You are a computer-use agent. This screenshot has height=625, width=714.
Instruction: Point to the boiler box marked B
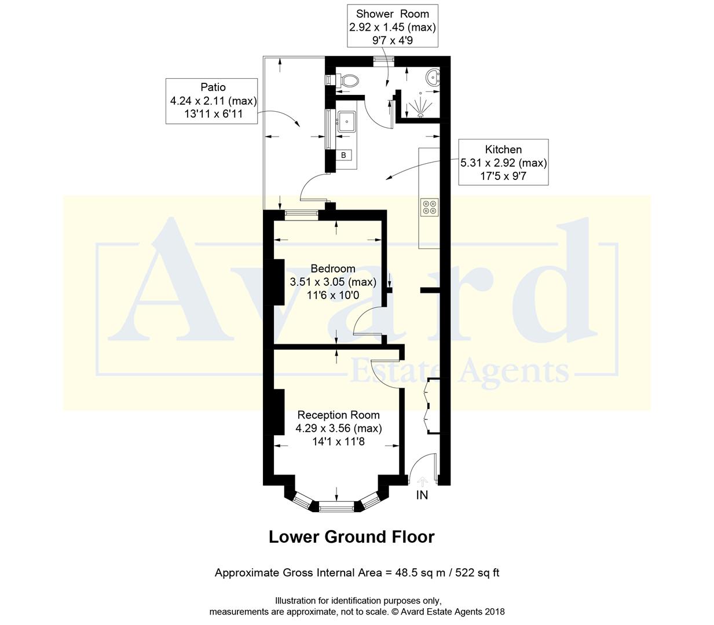[x=343, y=155]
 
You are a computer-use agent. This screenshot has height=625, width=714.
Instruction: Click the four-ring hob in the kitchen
[x=429, y=207]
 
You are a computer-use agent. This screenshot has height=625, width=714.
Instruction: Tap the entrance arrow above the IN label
[x=422, y=480]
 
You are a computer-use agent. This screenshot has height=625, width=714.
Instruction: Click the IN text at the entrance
[x=422, y=495]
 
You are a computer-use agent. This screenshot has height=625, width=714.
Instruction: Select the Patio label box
[x=213, y=101]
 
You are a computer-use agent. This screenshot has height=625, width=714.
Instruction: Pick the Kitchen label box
[x=503, y=163]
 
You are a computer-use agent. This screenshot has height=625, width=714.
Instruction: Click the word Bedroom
[x=333, y=269]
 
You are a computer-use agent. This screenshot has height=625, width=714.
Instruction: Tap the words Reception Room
[x=338, y=415]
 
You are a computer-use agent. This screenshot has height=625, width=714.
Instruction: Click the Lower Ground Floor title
[x=351, y=537]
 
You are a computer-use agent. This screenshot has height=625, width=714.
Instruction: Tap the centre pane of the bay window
[x=336, y=508]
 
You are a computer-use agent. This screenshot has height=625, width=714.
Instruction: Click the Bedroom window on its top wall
[x=301, y=214]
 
